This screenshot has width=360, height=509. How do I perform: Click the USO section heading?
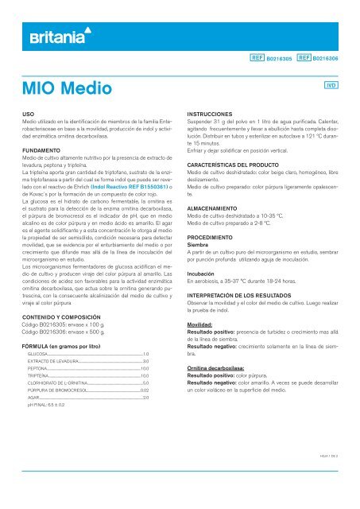coord(29,115)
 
